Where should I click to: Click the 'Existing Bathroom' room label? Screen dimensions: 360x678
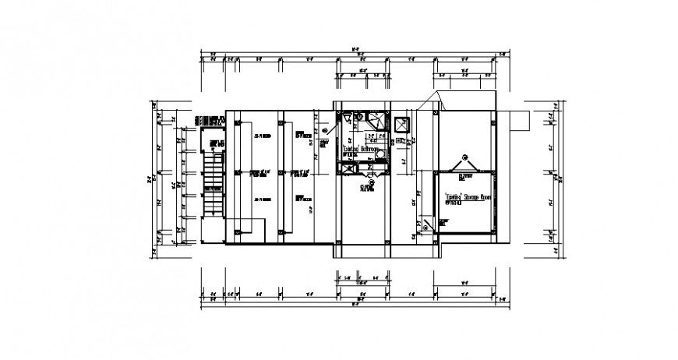[361, 148]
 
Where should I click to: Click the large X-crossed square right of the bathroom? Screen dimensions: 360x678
[402, 125]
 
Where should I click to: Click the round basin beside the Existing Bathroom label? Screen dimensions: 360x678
[377, 155]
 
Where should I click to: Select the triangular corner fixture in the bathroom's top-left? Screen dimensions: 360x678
[343, 119]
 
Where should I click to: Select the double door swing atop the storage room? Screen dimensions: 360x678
[464, 168]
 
